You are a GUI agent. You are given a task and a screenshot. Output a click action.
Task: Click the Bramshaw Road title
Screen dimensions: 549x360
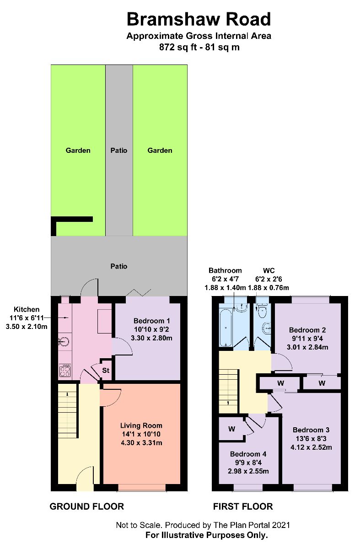coord(199,19)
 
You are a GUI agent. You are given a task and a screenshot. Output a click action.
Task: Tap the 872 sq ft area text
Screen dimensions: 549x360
coord(199,47)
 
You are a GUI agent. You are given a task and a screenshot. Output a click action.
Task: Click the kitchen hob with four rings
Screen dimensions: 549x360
coord(64,370)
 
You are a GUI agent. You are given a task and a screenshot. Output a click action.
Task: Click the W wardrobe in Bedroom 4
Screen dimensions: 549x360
coord(232,429)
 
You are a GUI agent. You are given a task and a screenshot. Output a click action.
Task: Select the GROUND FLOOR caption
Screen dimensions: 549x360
coord(86,506)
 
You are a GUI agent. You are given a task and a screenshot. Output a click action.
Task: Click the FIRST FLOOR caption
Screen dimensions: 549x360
coord(243,506)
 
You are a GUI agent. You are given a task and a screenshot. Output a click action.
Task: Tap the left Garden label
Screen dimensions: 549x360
coord(78,150)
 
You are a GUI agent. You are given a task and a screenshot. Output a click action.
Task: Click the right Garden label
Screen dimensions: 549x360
coord(160,150)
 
